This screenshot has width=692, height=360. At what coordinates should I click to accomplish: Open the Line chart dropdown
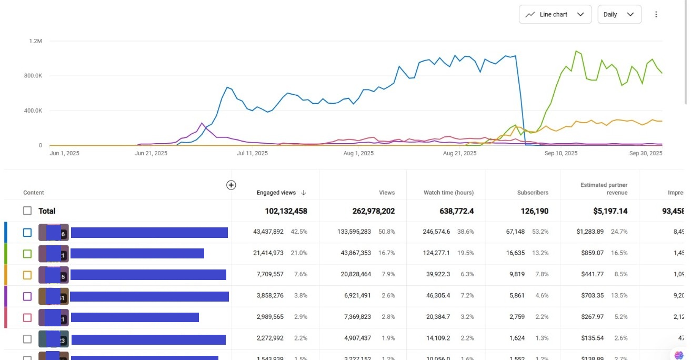555,15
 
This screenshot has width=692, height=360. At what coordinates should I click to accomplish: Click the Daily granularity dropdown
619,15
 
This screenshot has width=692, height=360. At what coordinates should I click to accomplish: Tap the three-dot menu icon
656,15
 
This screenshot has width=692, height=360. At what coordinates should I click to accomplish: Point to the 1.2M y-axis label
36,41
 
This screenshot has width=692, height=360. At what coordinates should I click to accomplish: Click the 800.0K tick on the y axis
33,76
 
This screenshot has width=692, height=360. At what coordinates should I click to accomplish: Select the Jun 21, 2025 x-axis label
151,153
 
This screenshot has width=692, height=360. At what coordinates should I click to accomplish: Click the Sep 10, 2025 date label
561,153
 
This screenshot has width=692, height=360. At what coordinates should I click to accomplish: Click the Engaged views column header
276,193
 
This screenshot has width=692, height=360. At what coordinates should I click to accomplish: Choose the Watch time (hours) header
448,193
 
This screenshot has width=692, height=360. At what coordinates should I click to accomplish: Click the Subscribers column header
533,193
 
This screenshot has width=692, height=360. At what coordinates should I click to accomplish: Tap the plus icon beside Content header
231,185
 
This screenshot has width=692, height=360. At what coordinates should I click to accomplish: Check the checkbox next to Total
27,211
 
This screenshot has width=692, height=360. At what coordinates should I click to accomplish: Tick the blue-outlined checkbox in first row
27,232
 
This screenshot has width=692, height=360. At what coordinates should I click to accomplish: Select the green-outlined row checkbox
27,254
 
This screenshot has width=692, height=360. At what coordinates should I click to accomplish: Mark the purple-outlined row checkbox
27,296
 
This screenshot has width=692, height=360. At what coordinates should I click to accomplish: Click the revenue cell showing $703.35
590,296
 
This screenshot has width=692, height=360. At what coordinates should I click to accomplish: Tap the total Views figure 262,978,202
373,211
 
